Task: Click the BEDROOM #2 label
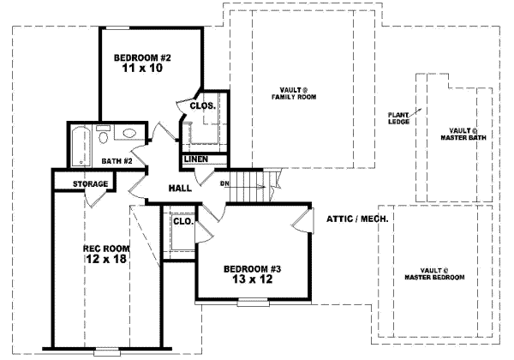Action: click(143, 58)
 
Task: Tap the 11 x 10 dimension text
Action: click(143, 70)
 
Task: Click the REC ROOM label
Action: click(105, 249)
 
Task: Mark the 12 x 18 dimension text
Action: click(105, 261)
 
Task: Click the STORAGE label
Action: click(90, 183)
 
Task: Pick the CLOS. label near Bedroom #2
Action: click(202, 106)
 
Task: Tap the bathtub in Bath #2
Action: click(79, 146)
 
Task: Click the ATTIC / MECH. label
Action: click(358, 219)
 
